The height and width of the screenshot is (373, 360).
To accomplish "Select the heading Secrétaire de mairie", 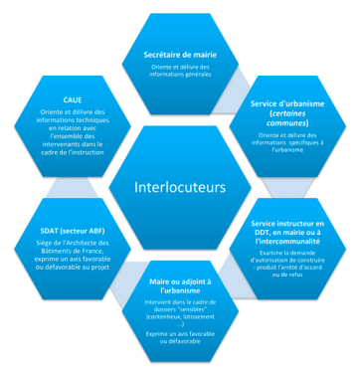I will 179,54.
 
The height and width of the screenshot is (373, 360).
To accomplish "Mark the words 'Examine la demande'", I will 270,257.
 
